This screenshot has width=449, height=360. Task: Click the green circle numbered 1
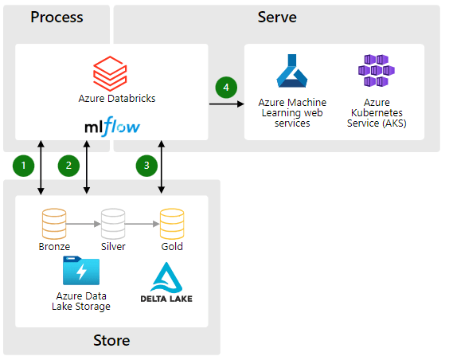point(23,166)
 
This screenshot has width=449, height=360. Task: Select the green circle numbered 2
point(68,166)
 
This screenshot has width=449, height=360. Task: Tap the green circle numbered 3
point(146,166)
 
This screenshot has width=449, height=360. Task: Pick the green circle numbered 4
point(226,88)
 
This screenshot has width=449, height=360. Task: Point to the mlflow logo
point(112,127)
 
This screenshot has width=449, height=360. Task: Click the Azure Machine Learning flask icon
point(292,71)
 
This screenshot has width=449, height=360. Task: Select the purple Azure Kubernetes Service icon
point(377,70)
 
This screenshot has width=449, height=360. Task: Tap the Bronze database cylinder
point(54,224)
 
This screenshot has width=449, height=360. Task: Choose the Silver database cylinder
point(113,224)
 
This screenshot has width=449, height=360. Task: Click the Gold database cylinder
point(172,224)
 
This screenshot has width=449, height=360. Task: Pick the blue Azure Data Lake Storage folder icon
point(81,271)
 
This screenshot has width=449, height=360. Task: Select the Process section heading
point(57,18)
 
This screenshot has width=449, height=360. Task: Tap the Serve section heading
point(277,18)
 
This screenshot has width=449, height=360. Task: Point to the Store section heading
point(111,341)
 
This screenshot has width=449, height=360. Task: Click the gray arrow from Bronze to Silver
point(84,224)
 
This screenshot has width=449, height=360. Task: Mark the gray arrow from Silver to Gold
point(143,224)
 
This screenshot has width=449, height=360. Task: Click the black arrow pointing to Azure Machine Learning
point(227,104)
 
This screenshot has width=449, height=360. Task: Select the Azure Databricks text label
point(117,99)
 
